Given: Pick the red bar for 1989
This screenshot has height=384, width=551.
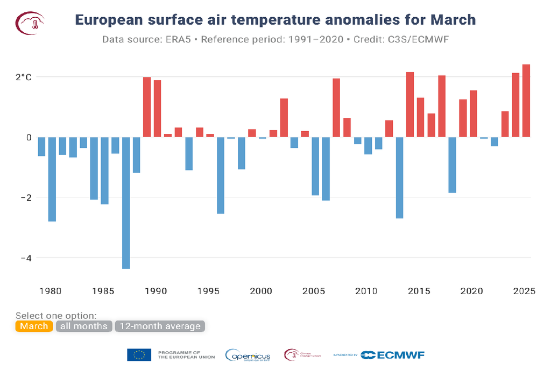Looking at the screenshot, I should (x=147, y=107).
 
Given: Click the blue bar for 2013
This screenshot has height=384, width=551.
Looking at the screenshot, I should (x=400, y=177).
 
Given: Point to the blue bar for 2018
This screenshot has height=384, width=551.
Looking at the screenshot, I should (x=453, y=165).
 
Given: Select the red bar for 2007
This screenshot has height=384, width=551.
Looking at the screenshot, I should (x=336, y=108).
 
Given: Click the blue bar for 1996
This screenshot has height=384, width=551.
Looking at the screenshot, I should (x=221, y=175).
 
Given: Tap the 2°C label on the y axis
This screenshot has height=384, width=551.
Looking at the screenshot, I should (x=24, y=77).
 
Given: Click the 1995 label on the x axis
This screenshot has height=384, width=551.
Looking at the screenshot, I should (x=208, y=291).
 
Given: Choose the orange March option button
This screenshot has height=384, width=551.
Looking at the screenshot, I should (x=34, y=326).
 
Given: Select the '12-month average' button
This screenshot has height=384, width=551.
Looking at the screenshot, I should (x=160, y=326).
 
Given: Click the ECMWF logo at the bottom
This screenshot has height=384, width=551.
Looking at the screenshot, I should (x=392, y=355).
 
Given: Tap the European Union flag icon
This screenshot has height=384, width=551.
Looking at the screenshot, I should (x=139, y=355).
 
